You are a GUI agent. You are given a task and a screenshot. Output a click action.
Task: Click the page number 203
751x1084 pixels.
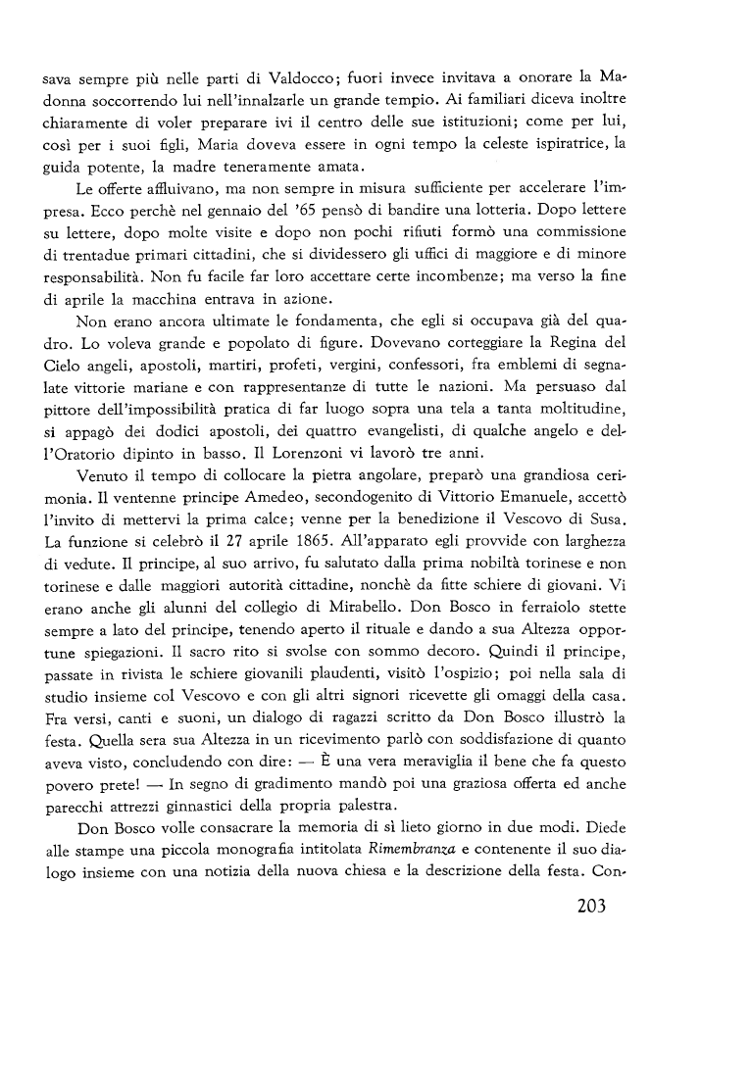(587, 905)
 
